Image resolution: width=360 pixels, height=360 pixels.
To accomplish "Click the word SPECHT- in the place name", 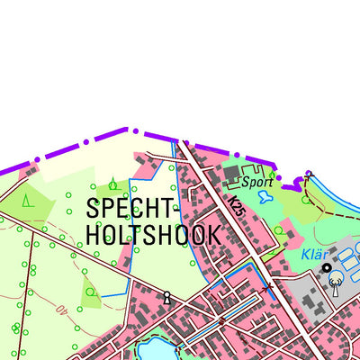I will [x=134, y=208].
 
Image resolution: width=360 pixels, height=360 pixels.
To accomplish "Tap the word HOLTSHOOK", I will [x=153, y=235].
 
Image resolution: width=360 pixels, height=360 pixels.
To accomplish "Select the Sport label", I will [x=256, y=181].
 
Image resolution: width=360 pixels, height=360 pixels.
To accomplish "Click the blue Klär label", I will [x=316, y=255].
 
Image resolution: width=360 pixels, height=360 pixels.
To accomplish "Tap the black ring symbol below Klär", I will [x=327, y=268].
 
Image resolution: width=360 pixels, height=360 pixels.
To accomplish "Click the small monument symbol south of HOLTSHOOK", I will [x=166, y=296].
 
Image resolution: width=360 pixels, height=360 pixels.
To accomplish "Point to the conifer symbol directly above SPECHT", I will [x=112, y=184].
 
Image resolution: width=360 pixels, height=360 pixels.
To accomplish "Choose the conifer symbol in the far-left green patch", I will [x=28, y=201].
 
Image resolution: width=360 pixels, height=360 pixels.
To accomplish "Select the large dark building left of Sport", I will [x=232, y=172].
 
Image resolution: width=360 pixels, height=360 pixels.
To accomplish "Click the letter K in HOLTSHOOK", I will [x=212, y=235].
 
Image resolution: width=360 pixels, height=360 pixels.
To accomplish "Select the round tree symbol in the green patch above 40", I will [x=91, y=292].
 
